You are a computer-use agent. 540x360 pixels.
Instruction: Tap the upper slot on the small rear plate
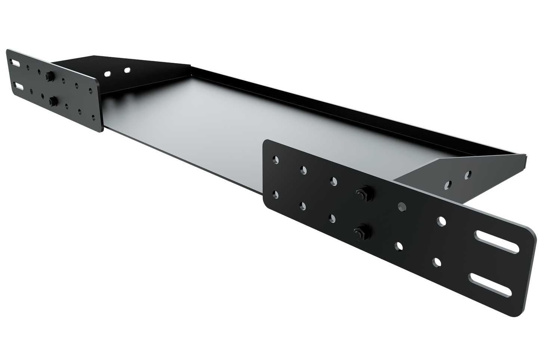click(15, 62)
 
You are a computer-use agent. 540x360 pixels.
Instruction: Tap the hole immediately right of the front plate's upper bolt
click(402, 205)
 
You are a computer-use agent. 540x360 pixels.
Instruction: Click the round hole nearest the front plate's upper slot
click(441, 221)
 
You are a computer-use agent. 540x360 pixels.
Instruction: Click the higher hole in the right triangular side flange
click(467, 174)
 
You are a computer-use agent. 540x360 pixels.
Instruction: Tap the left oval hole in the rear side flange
click(108, 74)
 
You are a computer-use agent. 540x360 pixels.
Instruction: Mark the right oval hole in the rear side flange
click(127, 70)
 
